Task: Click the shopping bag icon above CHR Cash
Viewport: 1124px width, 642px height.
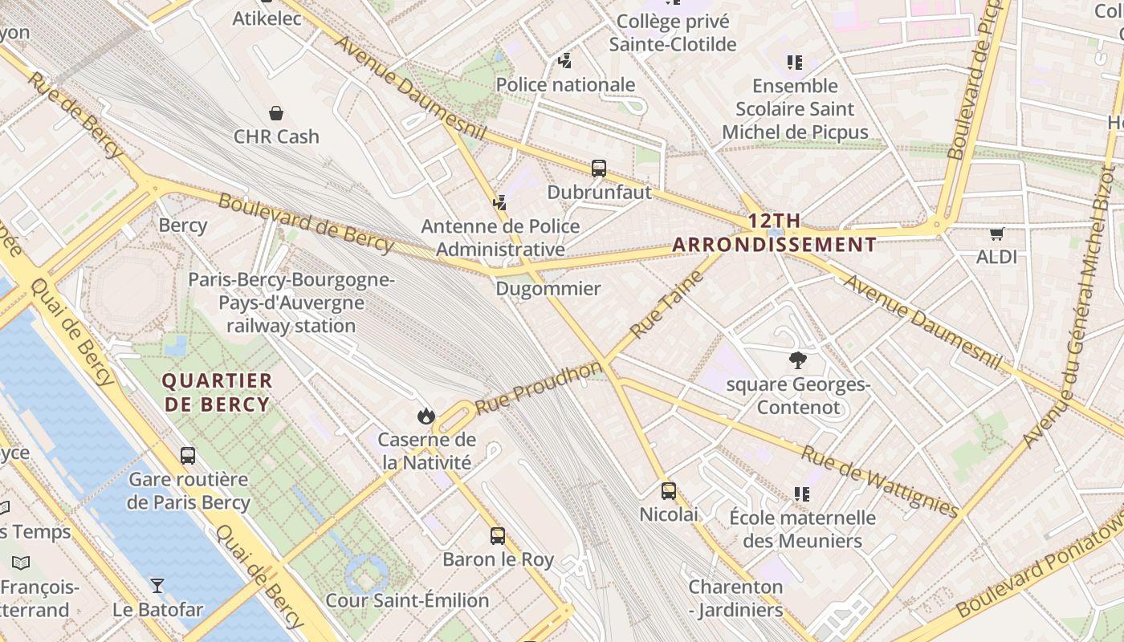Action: (x=276, y=113)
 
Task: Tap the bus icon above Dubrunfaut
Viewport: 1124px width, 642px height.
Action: (x=599, y=169)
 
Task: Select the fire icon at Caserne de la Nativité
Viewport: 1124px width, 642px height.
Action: (x=426, y=416)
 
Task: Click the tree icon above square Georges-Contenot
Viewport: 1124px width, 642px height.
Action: (x=797, y=360)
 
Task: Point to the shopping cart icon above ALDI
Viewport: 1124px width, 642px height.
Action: (x=996, y=234)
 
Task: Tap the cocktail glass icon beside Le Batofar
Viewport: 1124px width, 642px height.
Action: (x=157, y=586)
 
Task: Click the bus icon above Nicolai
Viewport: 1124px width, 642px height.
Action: (x=669, y=490)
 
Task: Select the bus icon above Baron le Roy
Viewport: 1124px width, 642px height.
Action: (x=498, y=535)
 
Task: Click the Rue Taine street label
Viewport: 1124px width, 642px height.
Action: (x=666, y=304)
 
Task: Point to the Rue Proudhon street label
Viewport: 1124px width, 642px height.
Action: (x=538, y=388)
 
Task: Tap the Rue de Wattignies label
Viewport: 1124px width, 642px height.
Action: (x=880, y=481)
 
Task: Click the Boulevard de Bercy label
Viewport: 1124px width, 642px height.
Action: (x=305, y=222)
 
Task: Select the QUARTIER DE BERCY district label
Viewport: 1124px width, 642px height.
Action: (x=218, y=392)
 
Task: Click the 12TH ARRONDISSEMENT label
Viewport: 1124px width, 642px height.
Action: (x=774, y=233)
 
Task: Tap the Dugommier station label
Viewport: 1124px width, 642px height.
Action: (x=548, y=289)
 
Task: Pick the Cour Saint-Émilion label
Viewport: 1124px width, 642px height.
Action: (x=407, y=600)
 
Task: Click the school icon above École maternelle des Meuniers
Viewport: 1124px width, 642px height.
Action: (x=801, y=494)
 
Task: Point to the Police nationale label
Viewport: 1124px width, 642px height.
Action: (x=565, y=85)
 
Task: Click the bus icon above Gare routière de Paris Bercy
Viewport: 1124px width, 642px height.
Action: (x=188, y=456)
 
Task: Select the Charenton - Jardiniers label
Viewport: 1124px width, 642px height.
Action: (x=735, y=598)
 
